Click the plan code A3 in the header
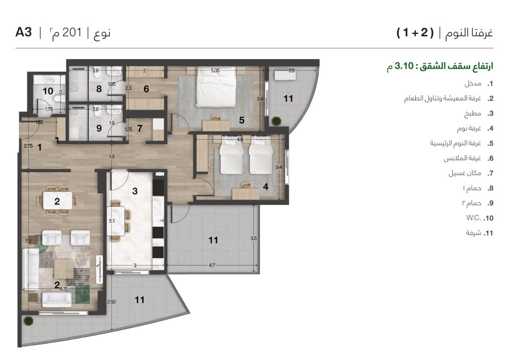pos(23,33)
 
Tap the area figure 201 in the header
pos(74,33)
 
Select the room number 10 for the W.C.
pos(48,91)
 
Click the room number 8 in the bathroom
pos(99,90)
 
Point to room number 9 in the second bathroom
pos(99,128)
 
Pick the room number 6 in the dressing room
pos(146,90)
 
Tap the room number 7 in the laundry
pos(140,128)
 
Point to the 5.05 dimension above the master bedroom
pos(215,71)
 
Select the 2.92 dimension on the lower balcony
pos(112,301)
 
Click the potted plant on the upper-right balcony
pos(276,120)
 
